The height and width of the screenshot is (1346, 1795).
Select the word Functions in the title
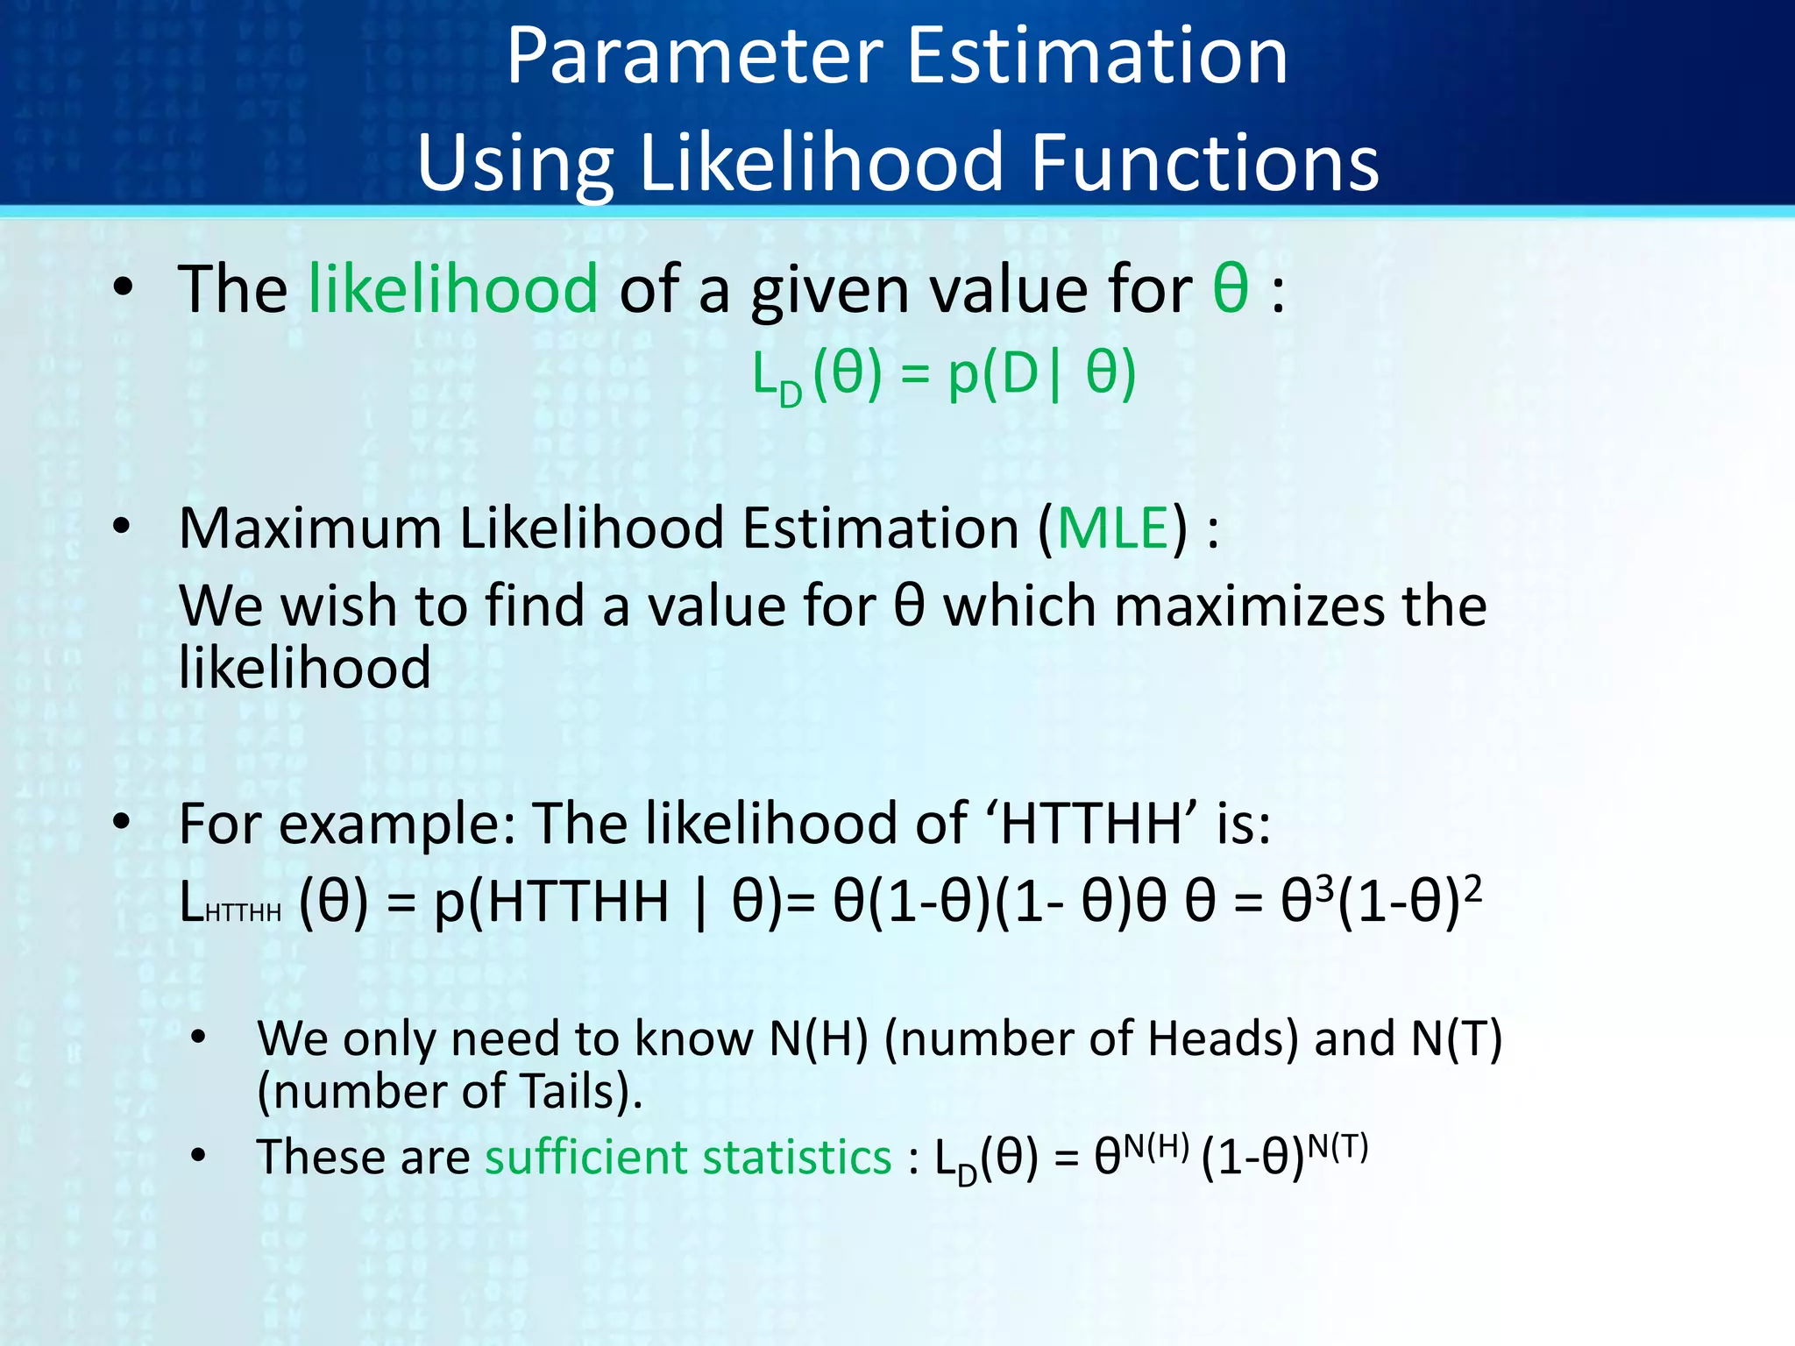coord(1204,163)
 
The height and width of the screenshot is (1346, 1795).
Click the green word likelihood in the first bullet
coord(453,288)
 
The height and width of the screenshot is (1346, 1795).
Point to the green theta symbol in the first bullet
coord(1231,288)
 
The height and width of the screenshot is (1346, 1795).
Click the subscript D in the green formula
coord(791,395)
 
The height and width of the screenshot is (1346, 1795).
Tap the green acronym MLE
coord(1113,528)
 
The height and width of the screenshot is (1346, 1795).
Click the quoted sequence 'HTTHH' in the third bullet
coord(1091,824)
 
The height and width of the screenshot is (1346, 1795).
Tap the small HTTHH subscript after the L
coord(243,913)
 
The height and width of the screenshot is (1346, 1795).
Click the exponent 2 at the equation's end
coord(1473,889)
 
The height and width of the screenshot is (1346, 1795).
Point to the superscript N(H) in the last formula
coord(1156,1146)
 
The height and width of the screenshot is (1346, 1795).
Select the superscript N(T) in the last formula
coord(1337,1146)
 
